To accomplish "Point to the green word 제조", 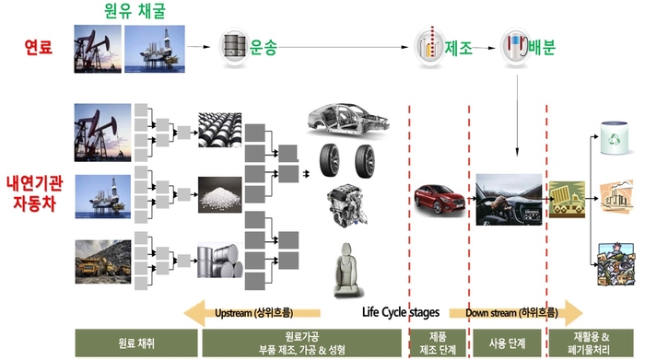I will click(459, 45).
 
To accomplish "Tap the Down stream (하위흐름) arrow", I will click(516, 310).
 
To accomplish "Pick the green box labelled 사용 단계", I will click(508, 343).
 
